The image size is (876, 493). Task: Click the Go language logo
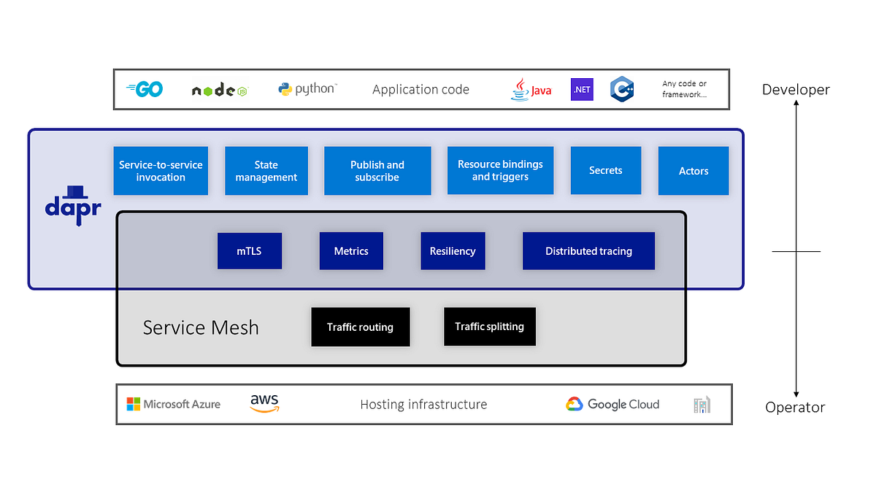[x=145, y=89]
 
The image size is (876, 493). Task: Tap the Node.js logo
[x=219, y=91]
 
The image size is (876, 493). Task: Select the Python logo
[x=307, y=89]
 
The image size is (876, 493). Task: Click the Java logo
[x=531, y=89]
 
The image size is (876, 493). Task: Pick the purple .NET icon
[x=582, y=89]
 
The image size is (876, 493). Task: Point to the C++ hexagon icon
[x=622, y=89]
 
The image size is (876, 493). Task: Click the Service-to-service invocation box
[x=161, y=171]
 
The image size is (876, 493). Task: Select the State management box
[x=266, y=171]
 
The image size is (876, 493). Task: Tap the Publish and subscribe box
[x=377, y=171]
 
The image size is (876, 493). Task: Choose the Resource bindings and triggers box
[x=500, y=171]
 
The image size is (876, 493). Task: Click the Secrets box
[x=606, y=171]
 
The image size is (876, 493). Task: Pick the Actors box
[x=693, y=171]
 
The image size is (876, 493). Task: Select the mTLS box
[x=249, y=251]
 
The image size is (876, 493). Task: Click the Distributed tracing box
[x=588, y=251]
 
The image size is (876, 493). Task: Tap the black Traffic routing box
[x=360, y=326]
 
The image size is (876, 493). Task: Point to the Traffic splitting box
[x=489, y=326]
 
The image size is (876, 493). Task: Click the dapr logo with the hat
[x=72, y=205]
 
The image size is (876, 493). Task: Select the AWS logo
[x=264, y=403]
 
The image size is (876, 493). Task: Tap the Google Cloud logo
[x=612, y=404]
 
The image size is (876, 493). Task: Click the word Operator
[x=795, y=408]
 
